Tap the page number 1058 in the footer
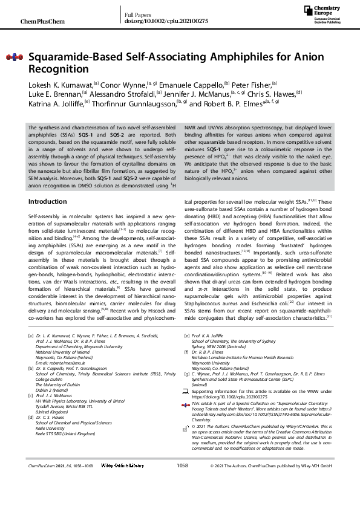182,500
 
